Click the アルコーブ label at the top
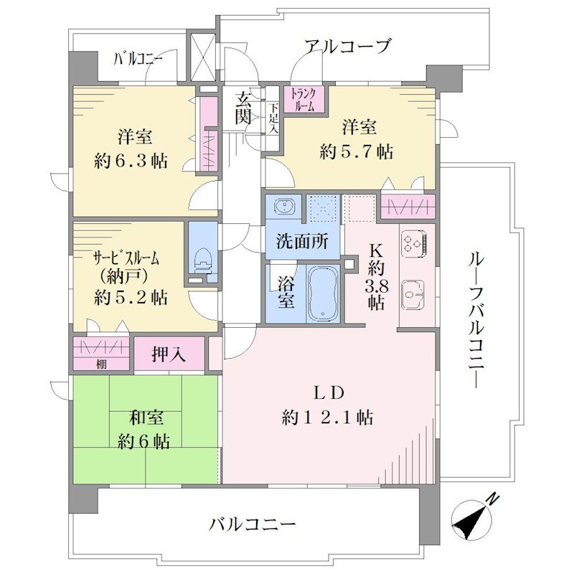pos(348,47)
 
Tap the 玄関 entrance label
pos(243,108)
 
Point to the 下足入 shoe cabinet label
pos(274,118)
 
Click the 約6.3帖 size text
pos(131,161)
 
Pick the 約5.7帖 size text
pos(356,151)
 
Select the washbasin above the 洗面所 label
pos(283,206)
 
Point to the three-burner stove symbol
pos(414,243)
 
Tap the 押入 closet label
pos(169,354)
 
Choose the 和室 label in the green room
pos(146,418)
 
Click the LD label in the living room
pos(329,393)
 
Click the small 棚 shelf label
pos(101,364)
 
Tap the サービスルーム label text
pos(127,259)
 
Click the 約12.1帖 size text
pos(327,418)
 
